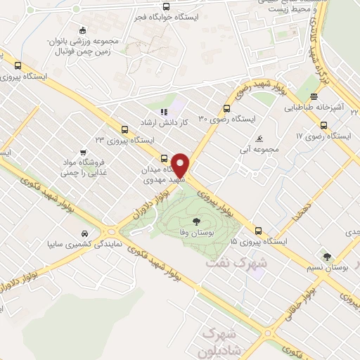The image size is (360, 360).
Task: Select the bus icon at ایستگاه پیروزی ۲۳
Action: [x=124, y=129]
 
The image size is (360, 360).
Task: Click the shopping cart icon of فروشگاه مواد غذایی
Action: [x=84, y=152]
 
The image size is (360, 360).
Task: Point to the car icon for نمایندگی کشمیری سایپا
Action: [x=86, y=233]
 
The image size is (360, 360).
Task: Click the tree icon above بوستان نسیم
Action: [x=327, y=255]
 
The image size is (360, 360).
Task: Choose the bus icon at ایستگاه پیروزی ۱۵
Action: [x=259, y=230]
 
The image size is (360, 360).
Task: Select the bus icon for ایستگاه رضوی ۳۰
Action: [x=226, y=108]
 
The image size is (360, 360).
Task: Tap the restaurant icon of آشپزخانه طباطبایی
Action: [x=314, y=97]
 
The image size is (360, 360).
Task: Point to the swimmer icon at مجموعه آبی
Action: [x=260, y=138]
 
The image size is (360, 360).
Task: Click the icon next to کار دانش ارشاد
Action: [x=164, y=111]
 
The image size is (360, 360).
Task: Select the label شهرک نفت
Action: [x=227, y=262]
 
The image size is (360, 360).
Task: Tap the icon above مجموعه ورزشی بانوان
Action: [x=83, y=30]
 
